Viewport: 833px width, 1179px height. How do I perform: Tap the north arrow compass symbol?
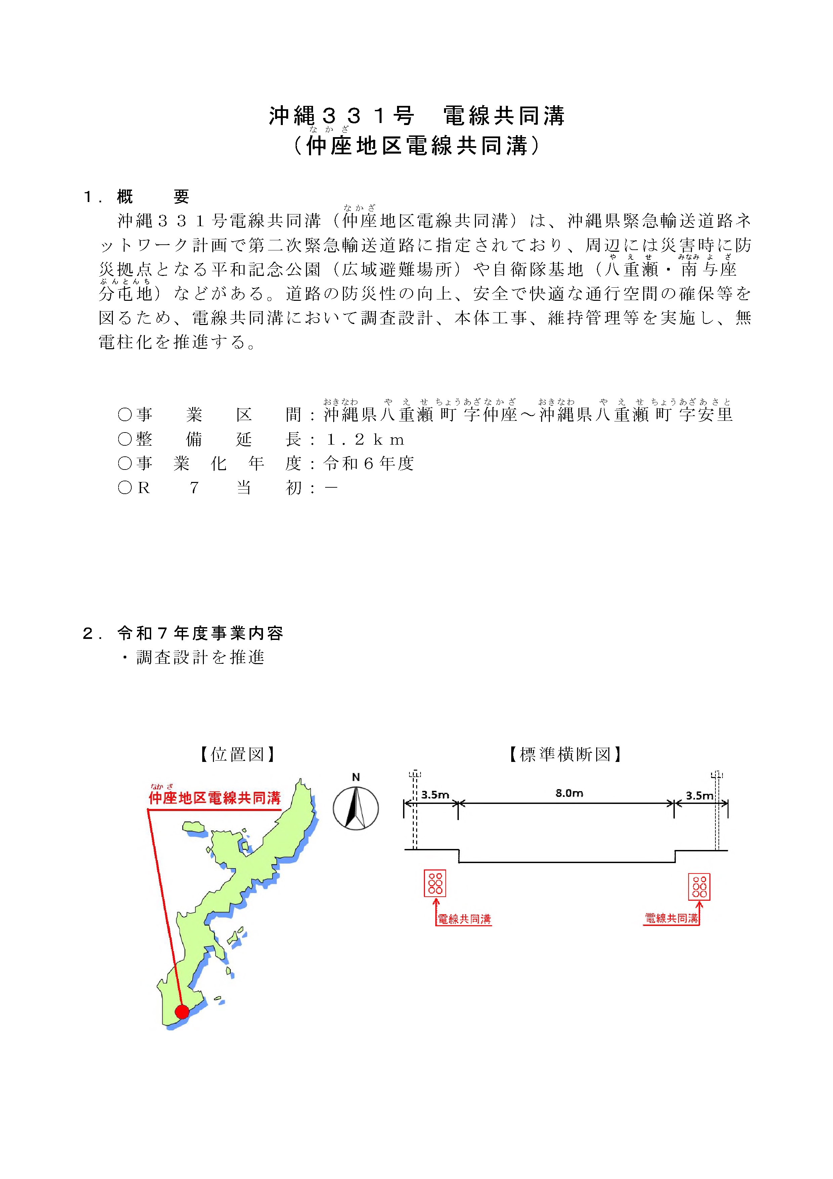356,808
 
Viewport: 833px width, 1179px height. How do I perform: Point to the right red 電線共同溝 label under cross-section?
671,918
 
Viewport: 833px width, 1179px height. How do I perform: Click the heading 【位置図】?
237,754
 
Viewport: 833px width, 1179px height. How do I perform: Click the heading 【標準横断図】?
565,754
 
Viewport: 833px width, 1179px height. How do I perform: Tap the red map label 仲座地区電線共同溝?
215,798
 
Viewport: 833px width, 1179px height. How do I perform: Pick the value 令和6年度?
368,464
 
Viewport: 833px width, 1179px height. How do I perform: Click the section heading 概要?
153,197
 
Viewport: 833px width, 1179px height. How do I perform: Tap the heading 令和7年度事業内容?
200,633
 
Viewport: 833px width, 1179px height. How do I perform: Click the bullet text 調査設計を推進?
200,657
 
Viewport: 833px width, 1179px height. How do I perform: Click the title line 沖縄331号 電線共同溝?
417,116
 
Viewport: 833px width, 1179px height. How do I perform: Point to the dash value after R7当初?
331,488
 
